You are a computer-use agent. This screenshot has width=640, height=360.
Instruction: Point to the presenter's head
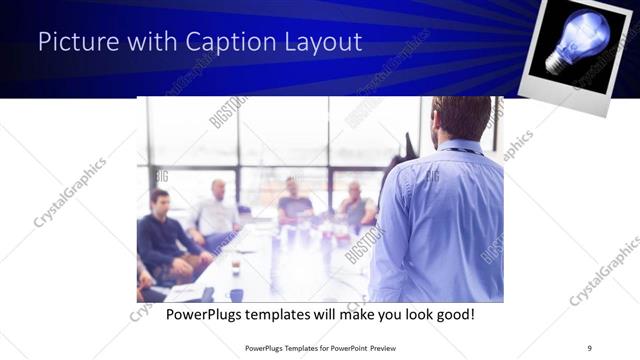click(461, 118)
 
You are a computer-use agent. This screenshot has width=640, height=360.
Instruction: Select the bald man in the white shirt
click(216, 212)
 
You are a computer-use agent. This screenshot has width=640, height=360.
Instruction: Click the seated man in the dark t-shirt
click(294, 200)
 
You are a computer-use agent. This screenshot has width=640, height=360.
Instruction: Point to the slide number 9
click(590, 347)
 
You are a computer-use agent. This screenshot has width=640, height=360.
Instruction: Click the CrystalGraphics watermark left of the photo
click(70, 193)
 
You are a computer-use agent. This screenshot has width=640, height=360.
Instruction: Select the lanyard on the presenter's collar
click(458, 151)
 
